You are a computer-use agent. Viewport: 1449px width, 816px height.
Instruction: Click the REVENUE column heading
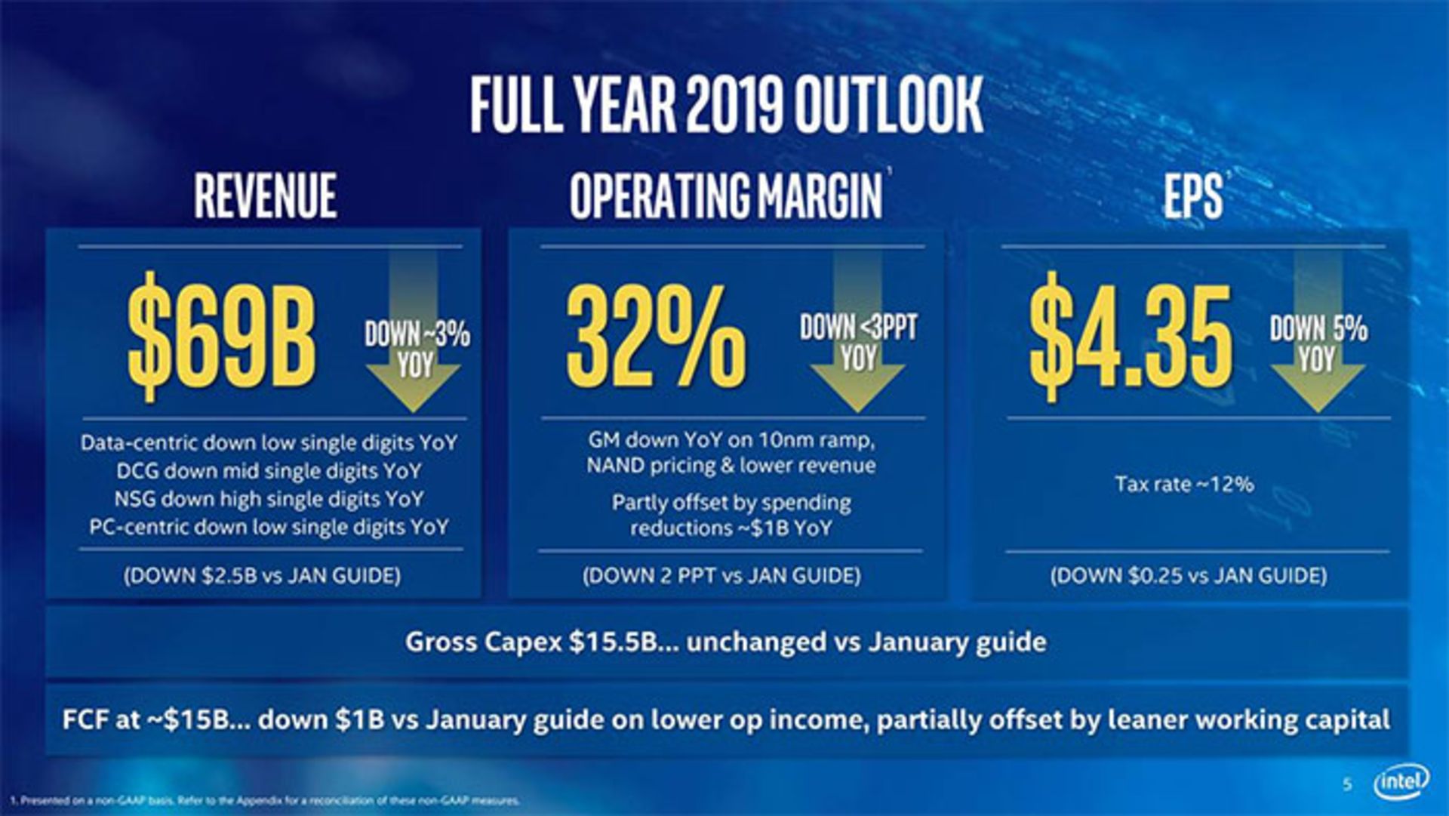click(x=265, y=196)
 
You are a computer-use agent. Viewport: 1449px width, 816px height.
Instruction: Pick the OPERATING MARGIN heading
click(x=726, y=196)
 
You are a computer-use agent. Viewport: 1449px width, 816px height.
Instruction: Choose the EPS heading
click(x=1192, y=196)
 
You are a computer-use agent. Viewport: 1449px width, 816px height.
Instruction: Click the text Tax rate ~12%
click(x=1184, y=484)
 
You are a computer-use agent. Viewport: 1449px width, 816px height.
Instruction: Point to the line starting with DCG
click(x=269, y=471)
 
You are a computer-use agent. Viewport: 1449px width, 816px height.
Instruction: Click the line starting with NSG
click(x=269, y=499)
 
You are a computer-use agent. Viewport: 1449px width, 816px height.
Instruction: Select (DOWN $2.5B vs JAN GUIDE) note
click(x=262, y=576)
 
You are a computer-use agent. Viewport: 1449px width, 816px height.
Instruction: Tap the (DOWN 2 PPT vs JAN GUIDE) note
click(x=721, y=576)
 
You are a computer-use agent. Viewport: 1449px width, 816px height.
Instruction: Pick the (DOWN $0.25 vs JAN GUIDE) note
click(x=1188, y=576)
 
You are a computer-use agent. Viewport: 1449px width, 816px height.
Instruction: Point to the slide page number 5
click(x=1348, y=784)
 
